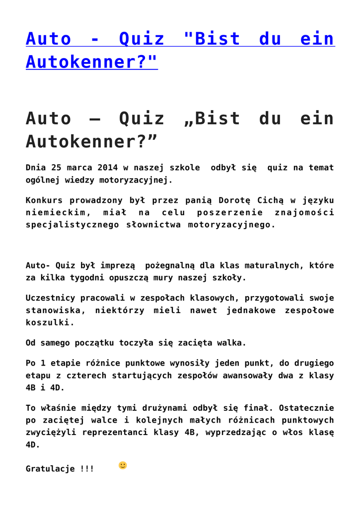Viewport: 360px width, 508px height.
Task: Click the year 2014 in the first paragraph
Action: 108,168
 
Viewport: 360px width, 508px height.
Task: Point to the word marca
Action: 79,168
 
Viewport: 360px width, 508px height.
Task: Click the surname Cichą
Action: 270,200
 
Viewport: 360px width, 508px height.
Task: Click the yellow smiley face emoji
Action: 123,465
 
